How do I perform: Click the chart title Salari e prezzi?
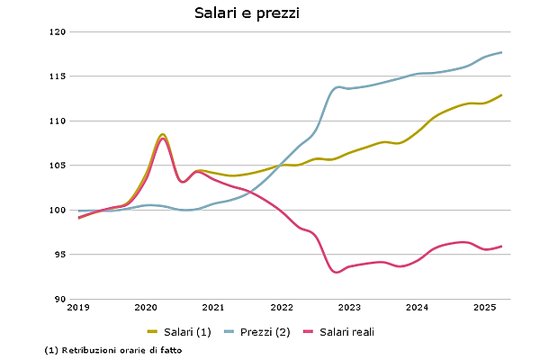coord(247,13)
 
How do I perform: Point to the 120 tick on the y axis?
coord(58,31)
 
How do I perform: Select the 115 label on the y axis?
coord(58,76)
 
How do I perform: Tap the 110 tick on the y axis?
coord(58,121)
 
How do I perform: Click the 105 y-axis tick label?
coord(58,166)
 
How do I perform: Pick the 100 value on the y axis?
coord(58,210)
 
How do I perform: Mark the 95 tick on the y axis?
coord(60,255)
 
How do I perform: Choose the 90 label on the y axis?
coord(60,299)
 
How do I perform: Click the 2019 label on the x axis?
coord(78,308)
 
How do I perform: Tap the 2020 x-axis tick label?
coord(146,308)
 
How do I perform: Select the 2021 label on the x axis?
coord(213,308)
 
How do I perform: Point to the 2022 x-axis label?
coord(282,308)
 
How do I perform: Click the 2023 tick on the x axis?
coord(349,308)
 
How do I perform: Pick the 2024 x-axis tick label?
coord(417,308)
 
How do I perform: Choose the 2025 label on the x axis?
coord(484,308)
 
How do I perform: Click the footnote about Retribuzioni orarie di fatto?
coord(112,349)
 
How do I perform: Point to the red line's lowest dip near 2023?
coord(337,272)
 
